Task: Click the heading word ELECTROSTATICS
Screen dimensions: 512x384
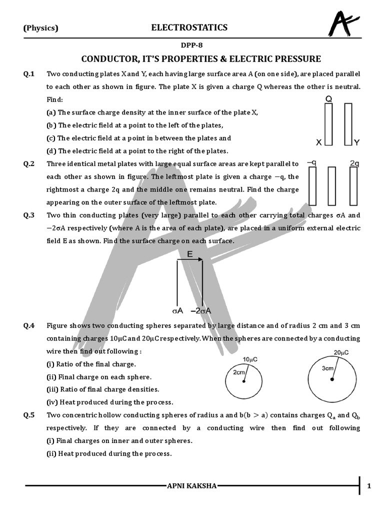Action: pyautogui.click(x=189, y=27)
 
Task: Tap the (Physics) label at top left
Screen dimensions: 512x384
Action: pyautogui.click(x=41, y=28)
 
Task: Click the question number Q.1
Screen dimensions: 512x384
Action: pyautogui.click(x=29, y=74)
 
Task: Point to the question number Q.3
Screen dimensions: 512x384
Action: pyautogui.click(x=29, y=215)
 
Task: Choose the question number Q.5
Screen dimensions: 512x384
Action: pyautogui.click(x=29, y=415)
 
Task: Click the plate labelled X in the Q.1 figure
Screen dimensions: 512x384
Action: pyautogui.click(x=328, y=125)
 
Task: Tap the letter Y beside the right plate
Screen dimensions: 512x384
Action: pyautogui.click(x=356, y=142)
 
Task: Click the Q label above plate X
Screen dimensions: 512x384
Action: pyautogui.click(x=328, y=99)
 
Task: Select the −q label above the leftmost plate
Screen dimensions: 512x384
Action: pyautogui.click(x=312, y=163)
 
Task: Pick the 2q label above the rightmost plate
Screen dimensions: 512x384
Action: pyautogui.click(x=354, y=163)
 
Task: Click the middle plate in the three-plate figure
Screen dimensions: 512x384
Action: pyautogui.click(x=332, y=186)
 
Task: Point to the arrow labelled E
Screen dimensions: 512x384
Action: pyautogui.click(x=189, y=259)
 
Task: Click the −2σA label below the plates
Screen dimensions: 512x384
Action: pyautogui.click(x=201, y=310)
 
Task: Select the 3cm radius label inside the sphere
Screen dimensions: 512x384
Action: pyautogui.click(x=327, y=368)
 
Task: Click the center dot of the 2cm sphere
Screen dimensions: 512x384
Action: pyautogui.click(x=244, y=382)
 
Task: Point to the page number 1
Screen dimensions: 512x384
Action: pyautogui.click(x=369, y=485)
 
